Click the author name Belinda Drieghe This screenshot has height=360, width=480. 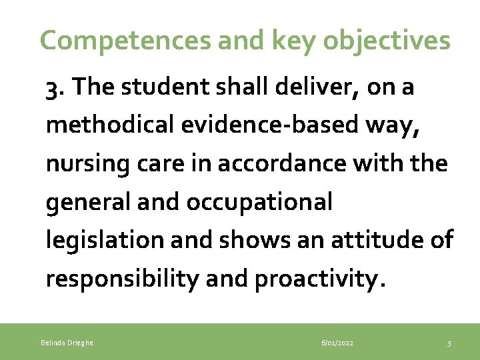(x=67, y=343)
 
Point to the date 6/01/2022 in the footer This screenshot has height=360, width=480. (x=337, y=343)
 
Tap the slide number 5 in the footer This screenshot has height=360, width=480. (x=449, y=343)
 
